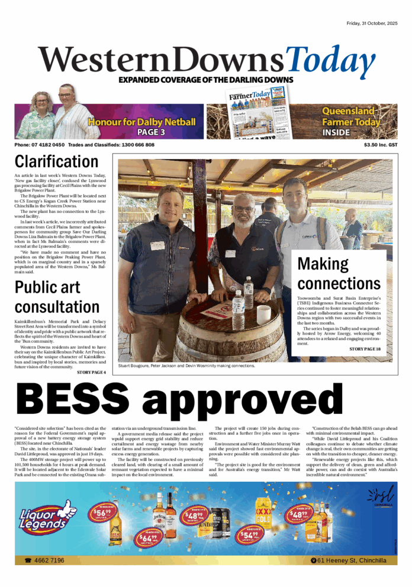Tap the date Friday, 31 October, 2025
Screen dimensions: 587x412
[x=376, y=23]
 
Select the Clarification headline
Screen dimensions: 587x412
[x=56, y=161]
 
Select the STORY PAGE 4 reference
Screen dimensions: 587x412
[x=92, y=372]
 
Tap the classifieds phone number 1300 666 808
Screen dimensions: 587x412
[x=136, y=145]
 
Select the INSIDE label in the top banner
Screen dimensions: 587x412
[x=336, y=132]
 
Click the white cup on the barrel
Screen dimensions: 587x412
[x=263, y=313]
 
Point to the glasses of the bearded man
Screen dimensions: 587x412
[x=243, y=209]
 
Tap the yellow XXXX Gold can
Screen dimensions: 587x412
[x=263, y=510]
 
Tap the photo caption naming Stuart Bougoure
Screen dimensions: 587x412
[x=186, y=366]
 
